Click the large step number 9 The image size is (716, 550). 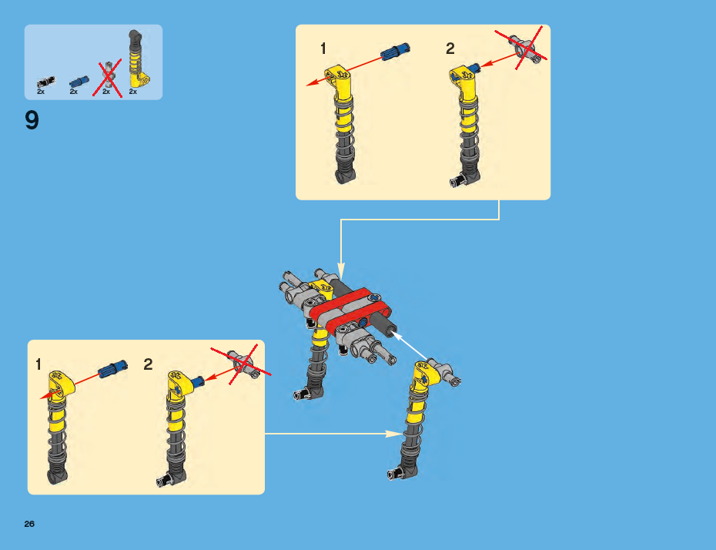(32, 121)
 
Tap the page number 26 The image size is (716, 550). (29, 524)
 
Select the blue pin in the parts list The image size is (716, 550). (79, 82)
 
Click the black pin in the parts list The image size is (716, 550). (45, 82)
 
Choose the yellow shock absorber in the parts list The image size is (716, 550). (138, 59)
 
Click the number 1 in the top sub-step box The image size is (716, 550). (323, 49)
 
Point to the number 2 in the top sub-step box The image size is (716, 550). (450, 49)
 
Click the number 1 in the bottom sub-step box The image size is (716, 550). (38, 364)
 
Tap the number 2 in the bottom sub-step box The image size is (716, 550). (148, 364)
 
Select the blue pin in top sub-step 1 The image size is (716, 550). (396, 51)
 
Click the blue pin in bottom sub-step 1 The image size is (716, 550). (112, 368)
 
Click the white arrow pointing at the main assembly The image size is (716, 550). (409, 345)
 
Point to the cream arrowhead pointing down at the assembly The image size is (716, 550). (340, 270)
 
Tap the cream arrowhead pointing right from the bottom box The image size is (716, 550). (394, 434)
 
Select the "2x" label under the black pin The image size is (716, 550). (41, 92)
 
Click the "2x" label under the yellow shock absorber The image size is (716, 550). (133, 92)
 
